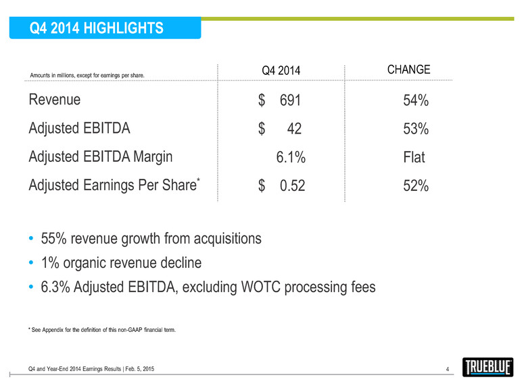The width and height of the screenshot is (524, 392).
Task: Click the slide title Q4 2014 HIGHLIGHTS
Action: tap(97, 28)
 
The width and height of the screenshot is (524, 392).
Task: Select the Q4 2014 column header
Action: tap(281, 71)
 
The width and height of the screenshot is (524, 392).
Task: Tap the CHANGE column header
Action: tap(409, 69)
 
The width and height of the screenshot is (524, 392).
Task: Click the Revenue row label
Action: tap(55, 100)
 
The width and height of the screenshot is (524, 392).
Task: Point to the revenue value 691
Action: tap(289, 101)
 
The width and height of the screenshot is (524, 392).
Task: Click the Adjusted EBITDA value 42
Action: tap(294, 129)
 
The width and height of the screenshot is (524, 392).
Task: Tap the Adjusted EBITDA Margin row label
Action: tap(101, 157)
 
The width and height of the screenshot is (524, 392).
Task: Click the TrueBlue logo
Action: tap(487, 368)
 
